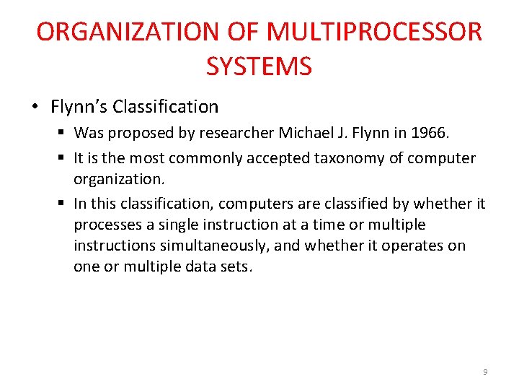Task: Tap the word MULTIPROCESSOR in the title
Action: [x=374, y=32]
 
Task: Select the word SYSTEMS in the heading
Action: [x=259, y=66]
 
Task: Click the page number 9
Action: [x=485, y=372]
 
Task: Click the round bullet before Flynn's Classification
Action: [x=35, y=108]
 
